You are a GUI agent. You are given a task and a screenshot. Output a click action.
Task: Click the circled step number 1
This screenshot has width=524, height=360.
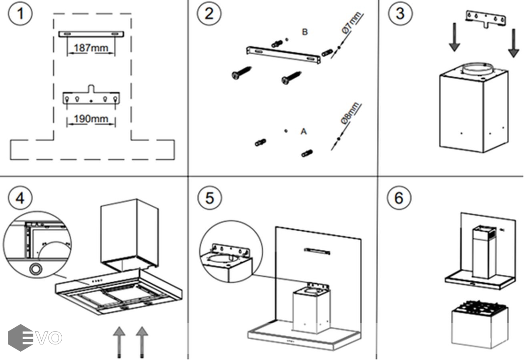tap(20, 14)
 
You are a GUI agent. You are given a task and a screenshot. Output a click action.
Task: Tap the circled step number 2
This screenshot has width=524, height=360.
tap(209, 14)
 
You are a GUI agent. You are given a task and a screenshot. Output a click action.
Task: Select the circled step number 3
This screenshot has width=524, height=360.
tap(400, 14)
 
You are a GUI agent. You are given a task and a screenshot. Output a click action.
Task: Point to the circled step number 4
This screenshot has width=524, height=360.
tap(20, 198)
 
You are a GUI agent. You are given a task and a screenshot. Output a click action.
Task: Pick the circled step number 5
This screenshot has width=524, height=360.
tap(209, 198)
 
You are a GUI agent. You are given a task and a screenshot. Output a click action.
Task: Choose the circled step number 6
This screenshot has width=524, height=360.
tap(399, 198)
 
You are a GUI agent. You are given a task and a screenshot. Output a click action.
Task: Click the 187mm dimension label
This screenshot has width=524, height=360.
tap(91, 48)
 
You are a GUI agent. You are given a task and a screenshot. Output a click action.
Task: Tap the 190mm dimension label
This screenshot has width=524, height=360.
tap(91, 119)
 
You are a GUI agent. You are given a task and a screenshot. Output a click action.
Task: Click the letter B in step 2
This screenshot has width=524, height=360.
tap(305, 32)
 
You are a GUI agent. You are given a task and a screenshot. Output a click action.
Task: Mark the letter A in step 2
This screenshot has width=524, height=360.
tap(303, 131)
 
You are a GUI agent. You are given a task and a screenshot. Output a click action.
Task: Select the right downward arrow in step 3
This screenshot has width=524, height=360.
tap(513, 43)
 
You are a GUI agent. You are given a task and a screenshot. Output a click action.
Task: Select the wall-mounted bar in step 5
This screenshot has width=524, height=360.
tap(317, 251)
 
